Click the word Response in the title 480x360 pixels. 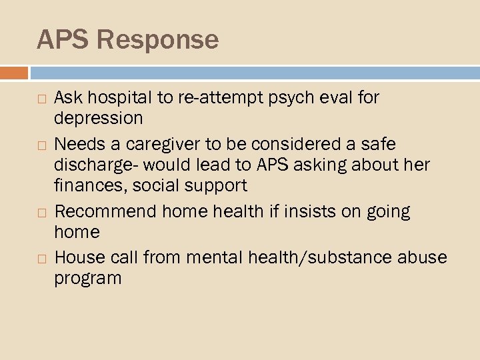[x=157, y=40]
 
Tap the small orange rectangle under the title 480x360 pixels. [x=14, y=73]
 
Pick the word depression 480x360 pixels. [x=99, y=118]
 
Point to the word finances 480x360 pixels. [x=85, y=184]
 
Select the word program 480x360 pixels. [x=88, y=277]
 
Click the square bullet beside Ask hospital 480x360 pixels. [x=41, y=99]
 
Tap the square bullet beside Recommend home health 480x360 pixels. [x=41, y=212]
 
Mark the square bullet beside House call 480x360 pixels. [x=41, y=258]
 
